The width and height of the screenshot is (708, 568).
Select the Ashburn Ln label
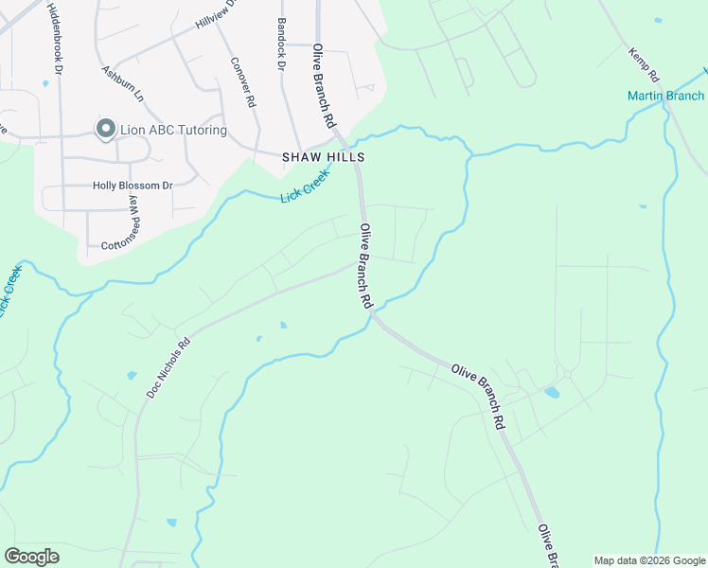click(x=122, y=83)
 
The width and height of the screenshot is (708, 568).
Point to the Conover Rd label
click(x=243, y=82)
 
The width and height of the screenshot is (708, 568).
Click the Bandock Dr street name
click(x=281, y=44)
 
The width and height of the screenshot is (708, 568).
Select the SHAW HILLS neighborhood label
click(x=324, y=158)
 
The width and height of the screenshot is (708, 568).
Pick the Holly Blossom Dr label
click(x=133, y=186)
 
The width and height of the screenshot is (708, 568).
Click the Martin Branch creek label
click(x=665, y=96)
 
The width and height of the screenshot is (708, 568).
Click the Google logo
click(x=31, y=557)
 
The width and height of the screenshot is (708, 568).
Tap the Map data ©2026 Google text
click(x=648, y=560)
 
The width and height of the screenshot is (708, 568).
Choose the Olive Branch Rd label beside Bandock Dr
click(x=325, y=85)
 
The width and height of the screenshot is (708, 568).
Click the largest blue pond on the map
click(x=552, y=392)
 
